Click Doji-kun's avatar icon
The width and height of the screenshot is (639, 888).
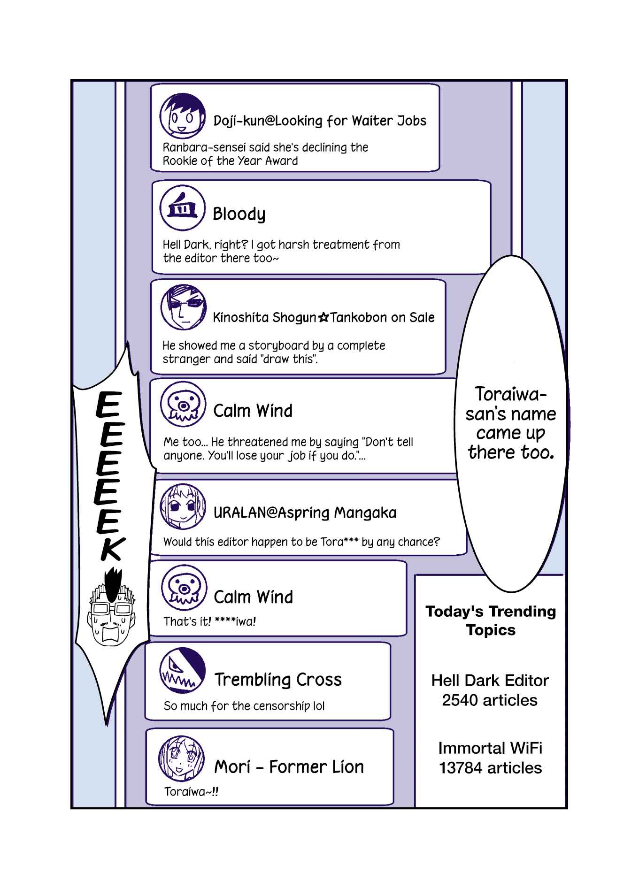tap(183, 116)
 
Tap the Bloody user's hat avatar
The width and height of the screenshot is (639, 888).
tap(183, 208)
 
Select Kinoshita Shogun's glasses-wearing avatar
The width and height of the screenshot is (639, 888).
tap(184, 307)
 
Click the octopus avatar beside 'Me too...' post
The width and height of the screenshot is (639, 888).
tap(184, 404)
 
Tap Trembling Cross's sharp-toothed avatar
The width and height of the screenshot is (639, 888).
tap(183, 671)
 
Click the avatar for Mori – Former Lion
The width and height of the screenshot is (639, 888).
tap(182, 758)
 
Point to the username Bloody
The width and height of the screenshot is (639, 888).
tap(239, 214)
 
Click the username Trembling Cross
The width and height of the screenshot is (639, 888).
tap(278, 679)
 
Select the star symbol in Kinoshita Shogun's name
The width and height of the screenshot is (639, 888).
tap(323, 318)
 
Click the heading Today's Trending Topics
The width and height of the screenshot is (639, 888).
tap(491, 620)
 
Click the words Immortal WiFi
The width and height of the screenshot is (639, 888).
tap(490, 748)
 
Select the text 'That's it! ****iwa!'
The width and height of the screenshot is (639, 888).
tap(209, 621)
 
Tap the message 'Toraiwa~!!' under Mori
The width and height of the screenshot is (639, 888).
tap(191, 792)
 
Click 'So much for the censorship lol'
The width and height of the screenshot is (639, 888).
tap(244, 706)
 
